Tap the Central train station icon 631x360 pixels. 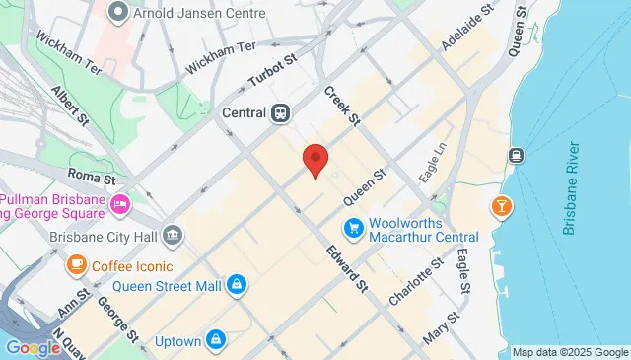[x=282, y=112]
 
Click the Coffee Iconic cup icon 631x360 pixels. [x=76, y=265]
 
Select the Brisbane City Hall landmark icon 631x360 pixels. [x=173, y=236]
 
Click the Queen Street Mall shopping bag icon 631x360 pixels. [x=236, y=286]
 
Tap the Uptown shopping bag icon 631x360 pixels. [x=216, y=341]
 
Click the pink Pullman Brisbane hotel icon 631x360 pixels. [x=120, y=205]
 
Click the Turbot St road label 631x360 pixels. [x=272, y=70]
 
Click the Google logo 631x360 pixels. [x=33, y=347]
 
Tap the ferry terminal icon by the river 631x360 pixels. [x=515, y=155]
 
